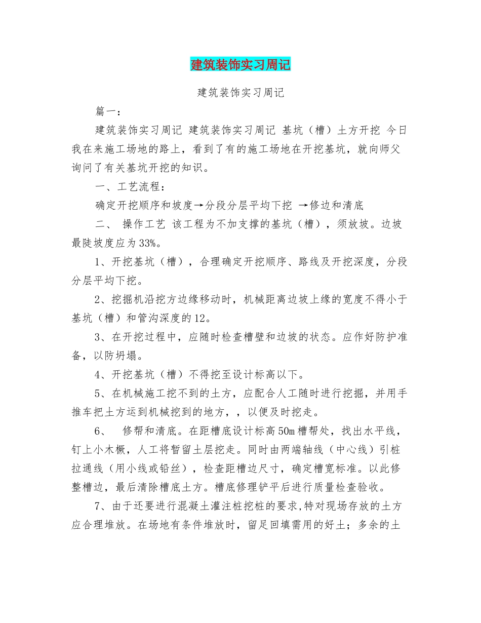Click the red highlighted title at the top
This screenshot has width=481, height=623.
pos(240,65)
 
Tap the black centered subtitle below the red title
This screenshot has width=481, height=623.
pos(240,93)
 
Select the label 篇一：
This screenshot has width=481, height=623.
pos(108,111)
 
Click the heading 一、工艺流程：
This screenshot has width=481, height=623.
pos(130,187)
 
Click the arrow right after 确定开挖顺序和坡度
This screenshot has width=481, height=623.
pos(198,206)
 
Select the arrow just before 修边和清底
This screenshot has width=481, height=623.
pos(303,206)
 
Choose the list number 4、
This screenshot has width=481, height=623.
pos(100,375)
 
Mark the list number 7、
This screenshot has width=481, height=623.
pos(100,507)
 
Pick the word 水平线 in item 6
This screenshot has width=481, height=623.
pos(380,432)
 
